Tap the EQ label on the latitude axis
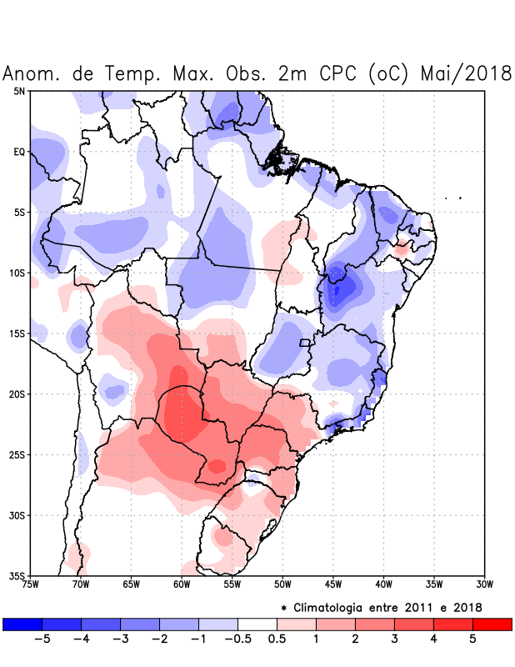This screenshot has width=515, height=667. [20, 152]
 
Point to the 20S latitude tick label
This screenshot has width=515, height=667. [17, 394]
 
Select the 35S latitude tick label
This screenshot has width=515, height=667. [17, 576]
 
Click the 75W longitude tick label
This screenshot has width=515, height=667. [31, 584]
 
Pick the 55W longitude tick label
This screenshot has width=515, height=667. [232, 584]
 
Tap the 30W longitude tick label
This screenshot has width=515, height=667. [485, 584]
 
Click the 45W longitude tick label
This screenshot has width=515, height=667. [333, 584]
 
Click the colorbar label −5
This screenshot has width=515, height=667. [42, 639]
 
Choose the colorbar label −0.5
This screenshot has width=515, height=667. [237, 639]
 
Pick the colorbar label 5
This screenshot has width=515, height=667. [473, 639]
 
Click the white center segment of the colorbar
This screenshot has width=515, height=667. [257, 624]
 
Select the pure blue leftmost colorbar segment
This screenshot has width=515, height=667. [22, 624]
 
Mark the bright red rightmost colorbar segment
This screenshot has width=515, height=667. [492, 624]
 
